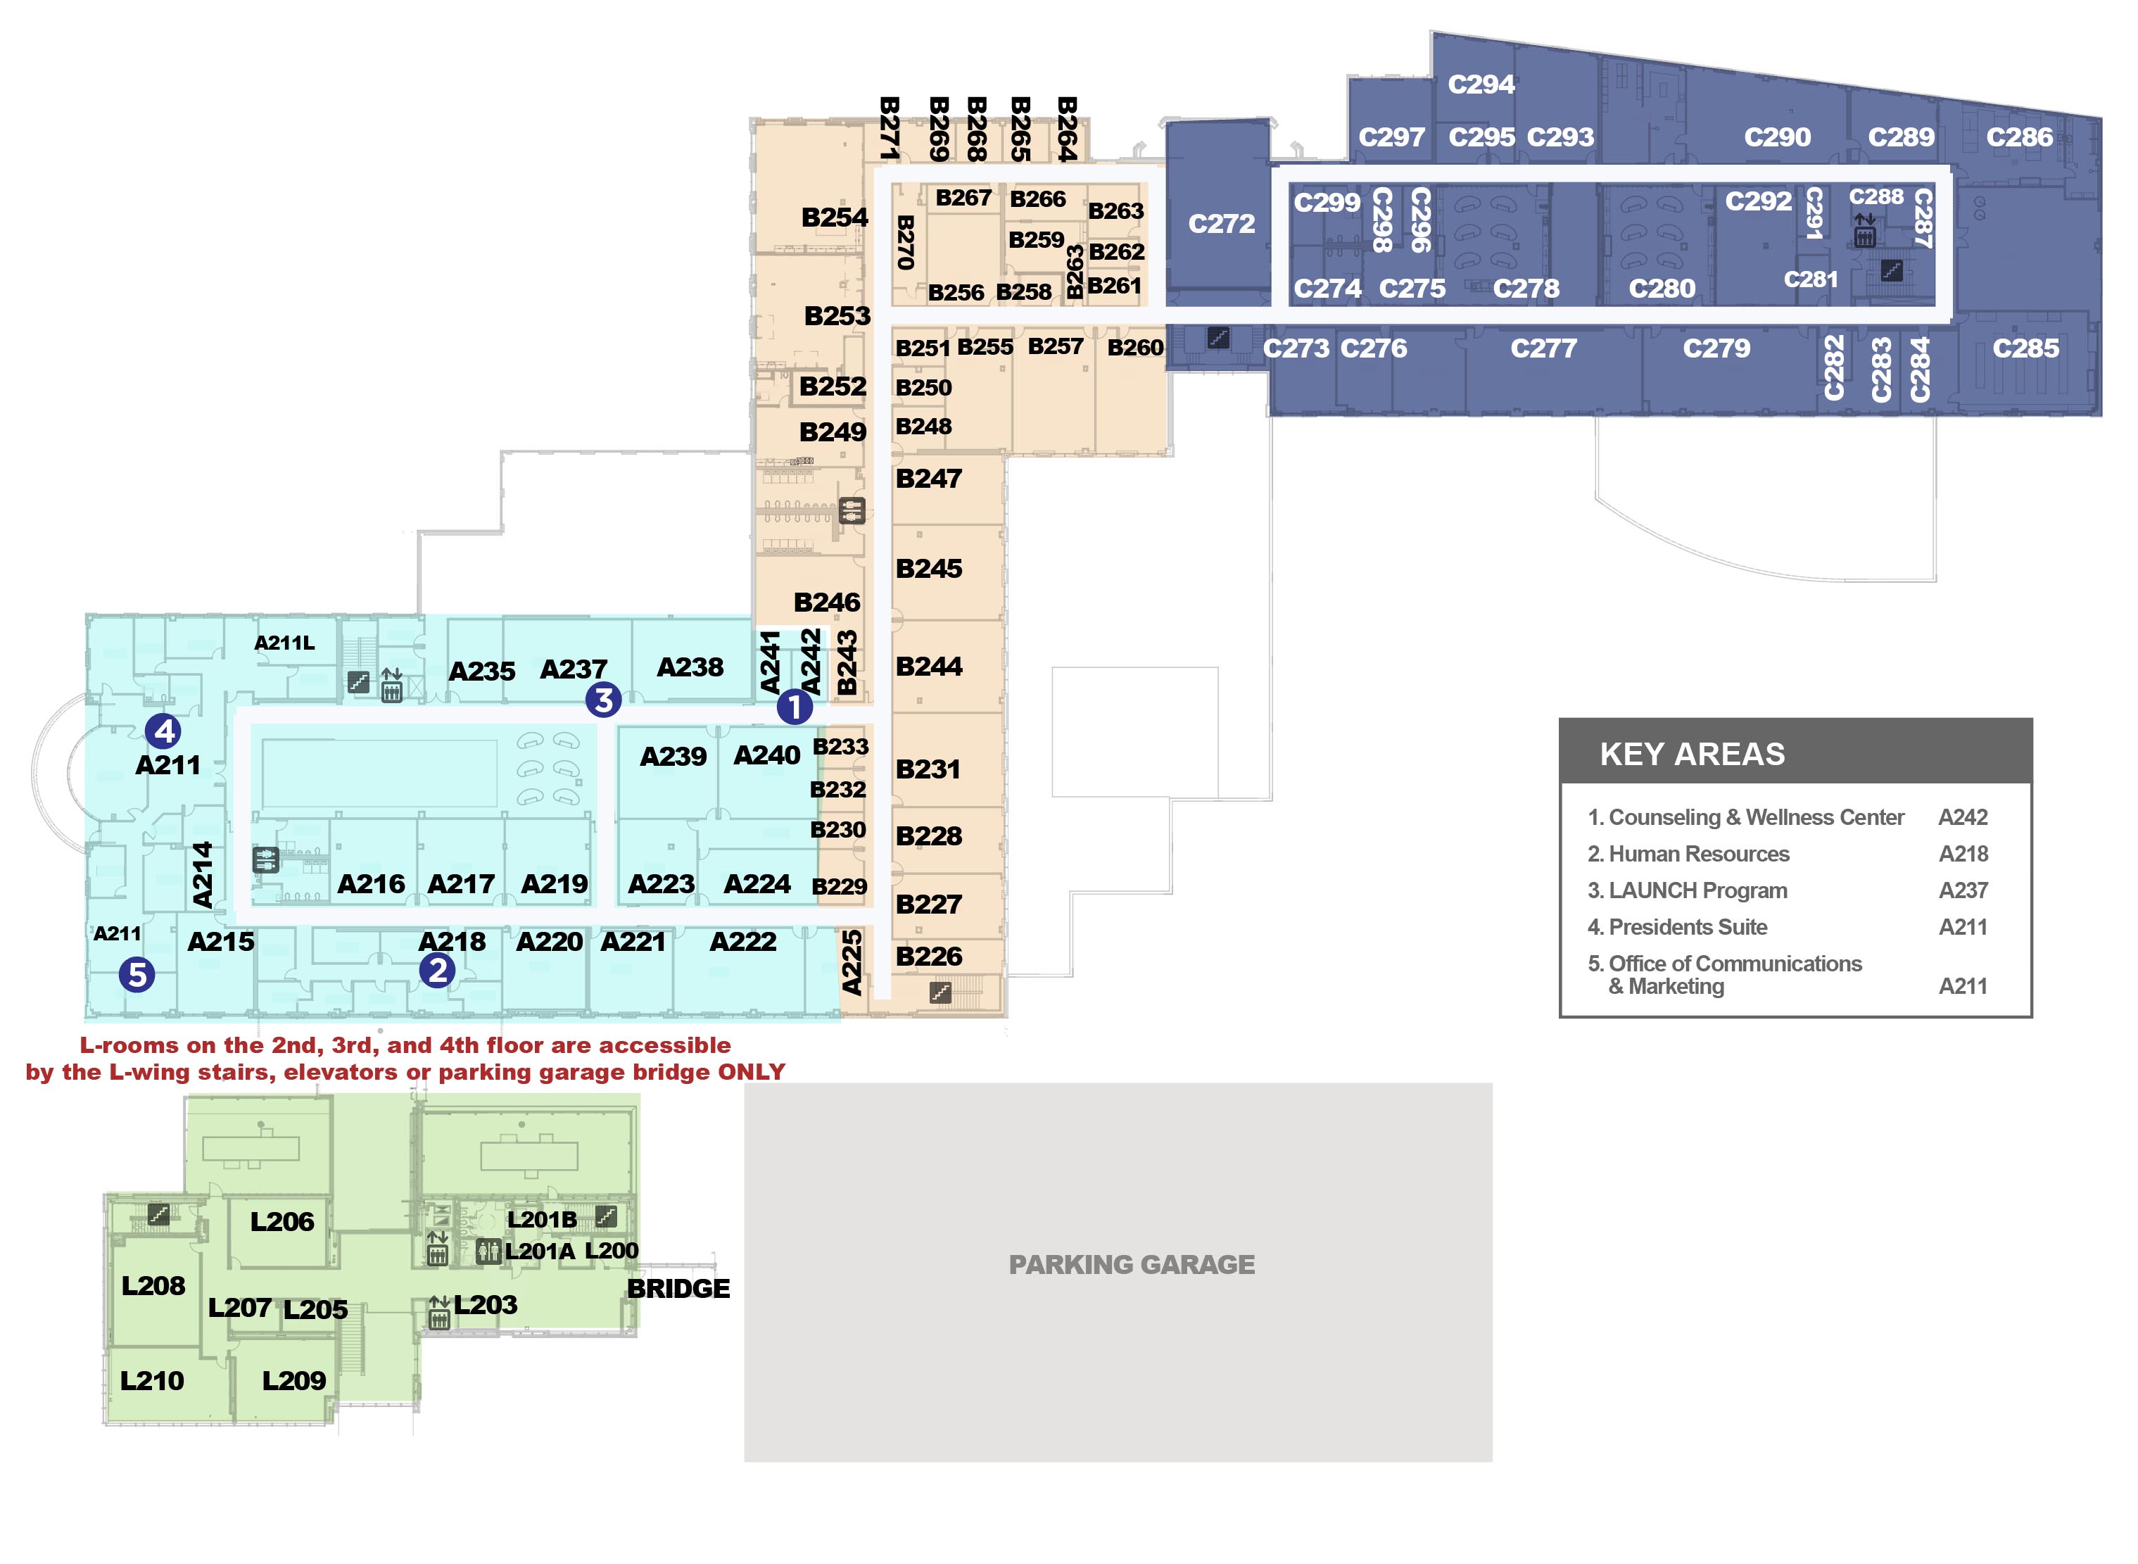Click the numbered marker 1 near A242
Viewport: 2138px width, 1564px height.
pyautogui.click(x=794, y=706)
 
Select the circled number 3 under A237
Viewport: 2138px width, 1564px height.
pyautogui.click(x=603, y=700)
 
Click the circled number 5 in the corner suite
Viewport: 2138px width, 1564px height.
pyautogui.click(x=137, y=973)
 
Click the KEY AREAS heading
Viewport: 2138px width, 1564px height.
pyautogui.click(x=1691, y=754)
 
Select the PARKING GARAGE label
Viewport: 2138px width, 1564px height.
pyautogui.click(x=1131, y=1264)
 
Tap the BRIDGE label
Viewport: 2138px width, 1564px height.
pyautogui.click(x=678, y=1289)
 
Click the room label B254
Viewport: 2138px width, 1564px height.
pyautogui.click(x=834, y=217)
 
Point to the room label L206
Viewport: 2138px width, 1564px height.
pyautogui.click(x=281, y=1221)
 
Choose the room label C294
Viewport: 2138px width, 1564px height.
pyautogui.click(x=1480, y=84)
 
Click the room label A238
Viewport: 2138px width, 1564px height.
pyautogui.click(x=689, y=667)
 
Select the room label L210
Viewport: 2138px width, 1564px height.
pyautogui.click(x=151, y=1380)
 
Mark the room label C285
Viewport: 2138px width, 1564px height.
pyautogui.click(x=2025, y=348)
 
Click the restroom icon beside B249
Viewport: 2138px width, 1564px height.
pyautogui.click(x=852, y=511)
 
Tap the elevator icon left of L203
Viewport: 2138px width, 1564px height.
pyautogui.click(x=438, y=1312)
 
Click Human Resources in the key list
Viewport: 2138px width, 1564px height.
pyautogui.click(x=1698, y=854)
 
